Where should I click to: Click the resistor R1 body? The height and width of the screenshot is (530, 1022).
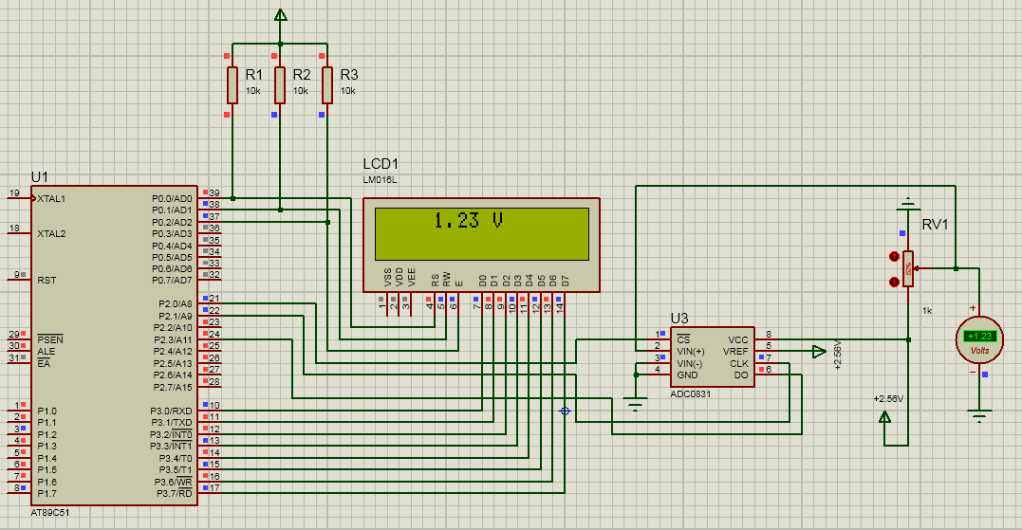tap(232, 84)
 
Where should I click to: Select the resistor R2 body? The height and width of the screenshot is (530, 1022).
tap(279, 84)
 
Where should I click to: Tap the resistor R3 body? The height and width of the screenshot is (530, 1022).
tap(326, 84)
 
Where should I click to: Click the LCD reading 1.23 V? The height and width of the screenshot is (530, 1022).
tap(467, 221)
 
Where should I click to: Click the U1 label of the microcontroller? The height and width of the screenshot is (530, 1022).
tap(40, 176)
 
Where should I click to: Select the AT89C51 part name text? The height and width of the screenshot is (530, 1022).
tap(49, 512)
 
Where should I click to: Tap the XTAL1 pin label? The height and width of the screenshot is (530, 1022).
tap(52, 198)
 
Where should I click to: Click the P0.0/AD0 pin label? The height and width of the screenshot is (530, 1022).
tap(172, 198)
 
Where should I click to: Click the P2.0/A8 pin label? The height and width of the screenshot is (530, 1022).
tap(175, 303)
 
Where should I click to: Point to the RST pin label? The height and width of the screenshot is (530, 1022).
tap(46, 280)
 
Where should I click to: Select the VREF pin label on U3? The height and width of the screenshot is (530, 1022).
tap(735, 351)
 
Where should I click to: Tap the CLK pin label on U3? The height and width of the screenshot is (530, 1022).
tap(739, 363)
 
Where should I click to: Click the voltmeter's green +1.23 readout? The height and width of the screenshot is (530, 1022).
tap(979, 336)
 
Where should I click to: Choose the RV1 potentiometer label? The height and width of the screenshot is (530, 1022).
tap(936, 225)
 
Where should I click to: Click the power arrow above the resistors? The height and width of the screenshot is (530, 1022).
tap(280, 15)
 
